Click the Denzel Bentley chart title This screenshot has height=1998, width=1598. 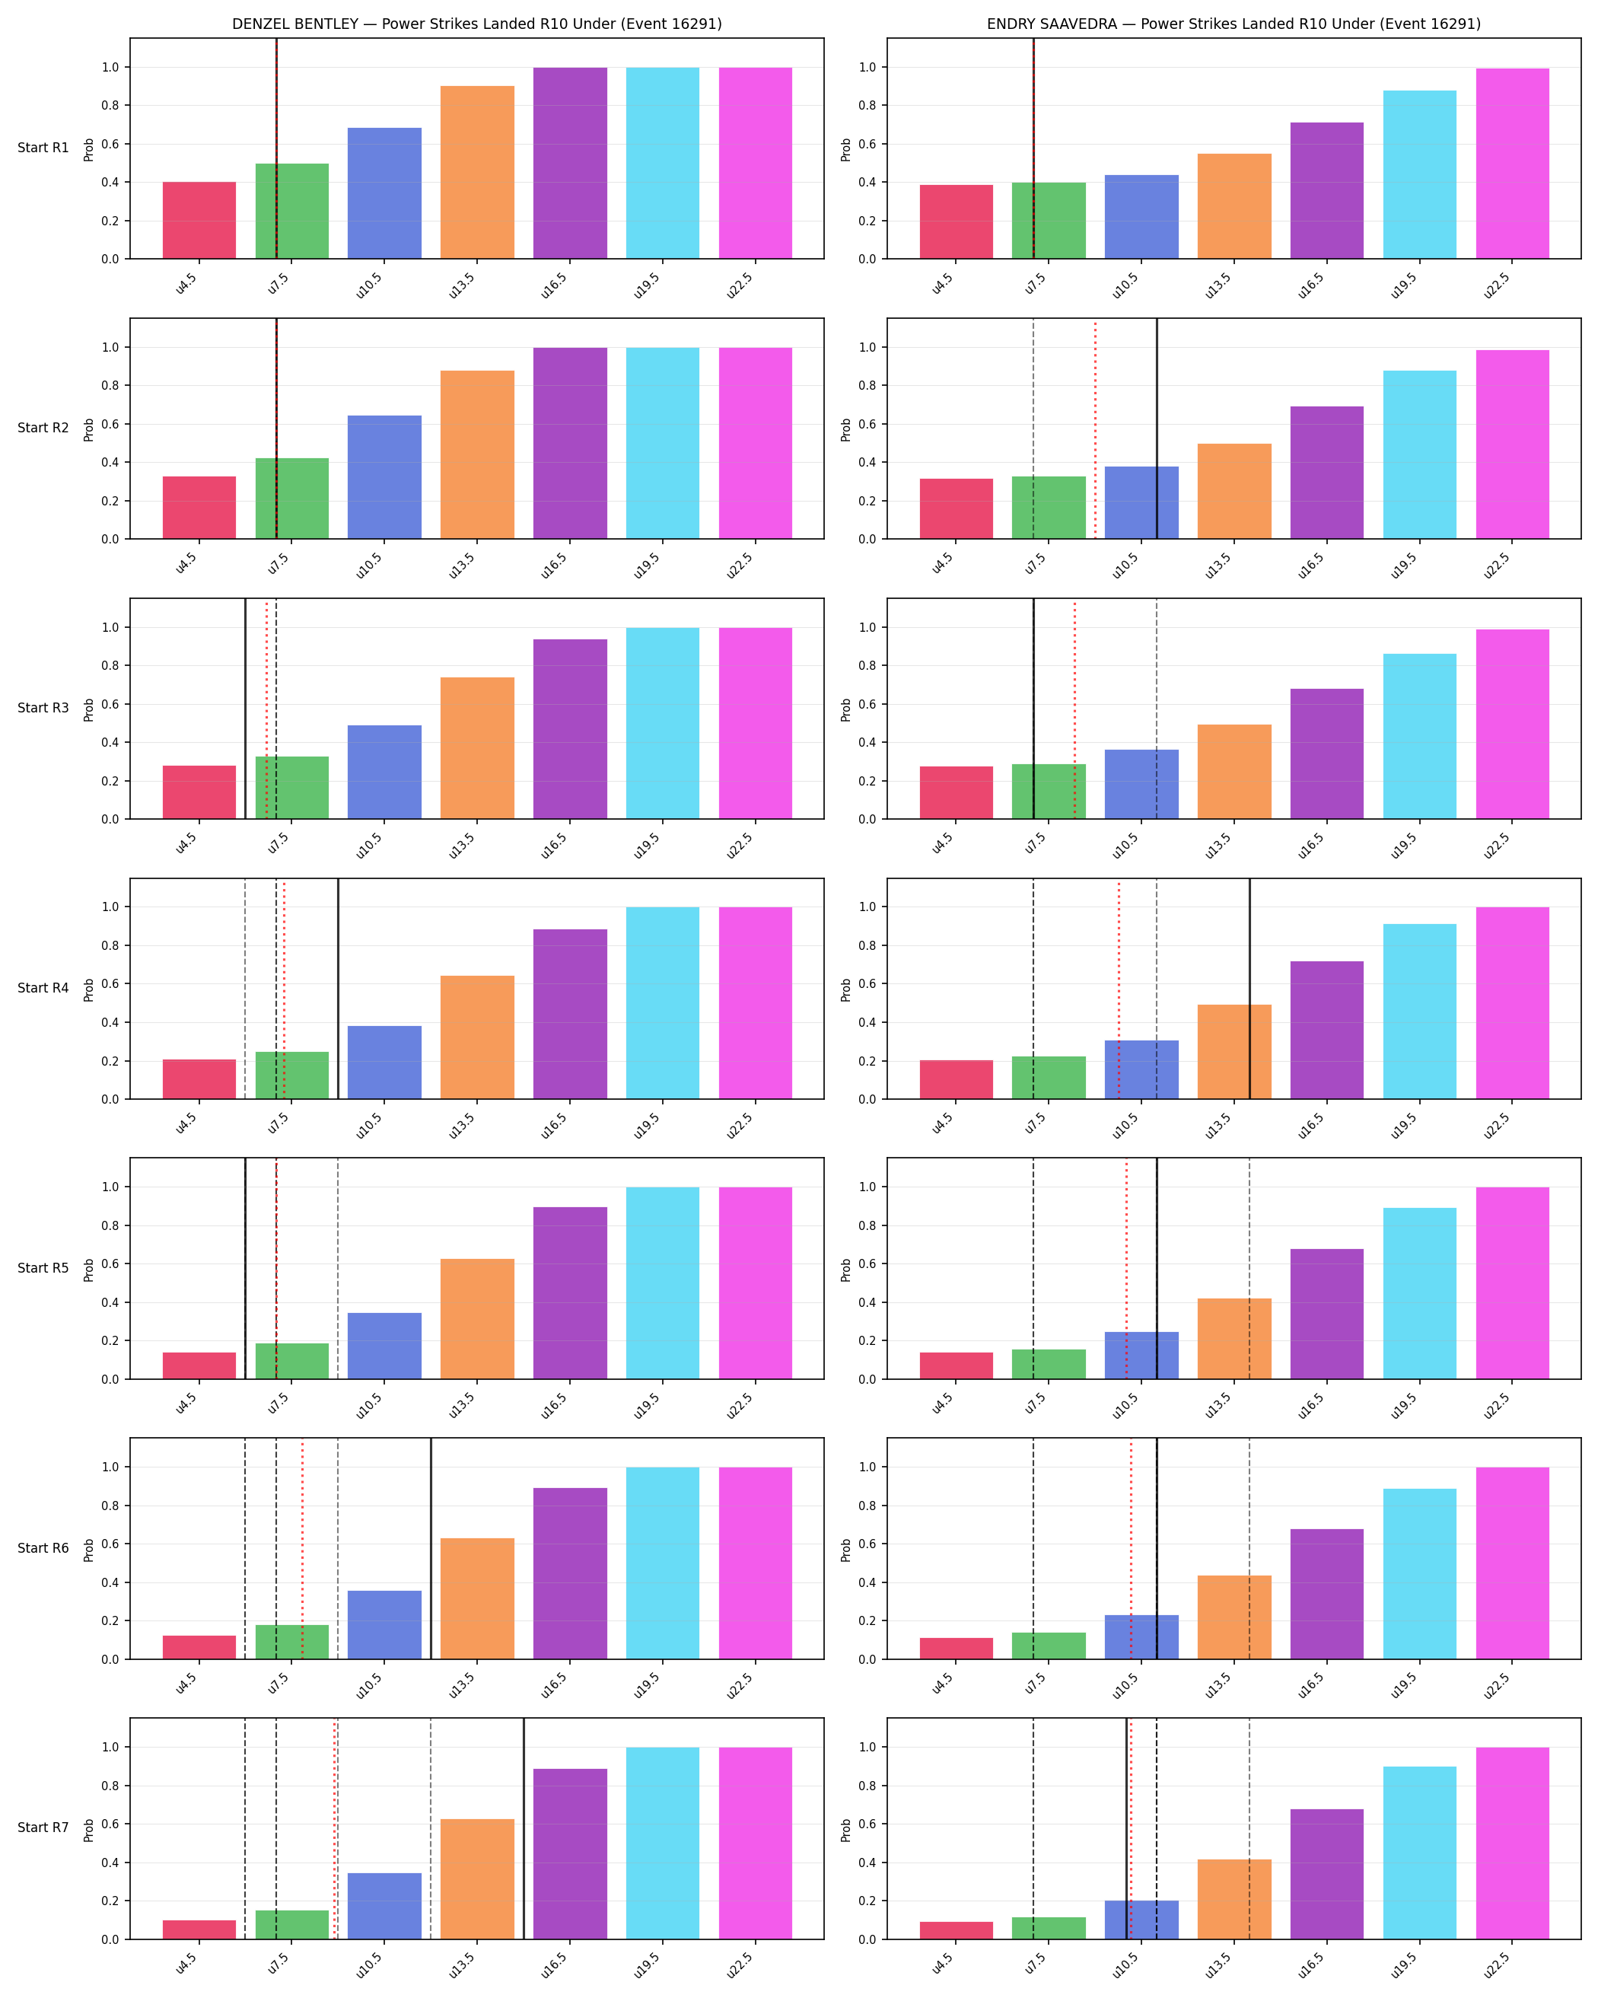tap(476, 24)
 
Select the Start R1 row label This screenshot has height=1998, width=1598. tap(43, 148)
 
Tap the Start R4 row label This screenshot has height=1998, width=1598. tap(43, 988)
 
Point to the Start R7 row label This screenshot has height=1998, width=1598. tap(43, 1828)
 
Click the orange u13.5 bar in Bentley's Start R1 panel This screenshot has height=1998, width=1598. tap(477, 172)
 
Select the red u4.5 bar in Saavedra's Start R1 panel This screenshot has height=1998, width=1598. tap(956, 221)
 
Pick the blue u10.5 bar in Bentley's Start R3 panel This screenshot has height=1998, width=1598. tap(384, 772)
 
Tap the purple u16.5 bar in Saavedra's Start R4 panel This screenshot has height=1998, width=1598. tap(1326, 1030)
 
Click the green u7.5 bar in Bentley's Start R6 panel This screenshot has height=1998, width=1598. tap(291, 1641)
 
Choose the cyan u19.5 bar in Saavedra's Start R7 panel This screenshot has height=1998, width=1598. tap(1419, 1853)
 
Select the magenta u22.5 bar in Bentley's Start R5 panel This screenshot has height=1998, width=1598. tap(755, 1283)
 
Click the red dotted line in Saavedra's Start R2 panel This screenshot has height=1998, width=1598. tap(1095, 429)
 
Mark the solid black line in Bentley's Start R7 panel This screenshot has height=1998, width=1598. tap(524, 1828)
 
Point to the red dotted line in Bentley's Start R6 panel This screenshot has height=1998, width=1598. tap(302, 1548)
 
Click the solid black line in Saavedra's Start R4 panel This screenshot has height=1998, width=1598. tap(1249, 989)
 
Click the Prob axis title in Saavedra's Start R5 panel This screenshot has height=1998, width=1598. tap(845, 1270)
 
